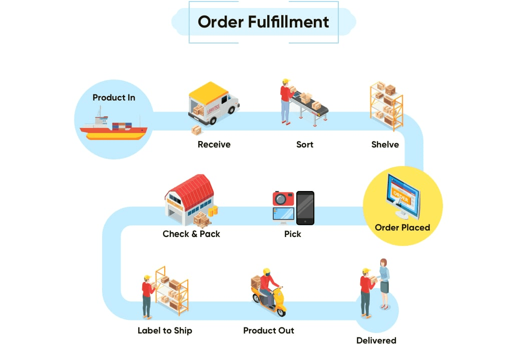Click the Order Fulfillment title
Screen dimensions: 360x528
point(263,22)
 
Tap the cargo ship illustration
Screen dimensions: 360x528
point(114,128)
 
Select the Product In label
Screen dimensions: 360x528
point(114,97)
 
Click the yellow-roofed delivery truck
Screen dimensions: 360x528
point(213,104)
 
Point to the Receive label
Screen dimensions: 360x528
point(214,144)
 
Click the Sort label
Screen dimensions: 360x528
point(304,144)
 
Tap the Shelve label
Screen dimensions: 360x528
point(385,144)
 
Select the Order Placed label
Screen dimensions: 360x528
point(402,227)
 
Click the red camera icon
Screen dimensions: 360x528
point(283,198)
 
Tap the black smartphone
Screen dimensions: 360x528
point(305,208)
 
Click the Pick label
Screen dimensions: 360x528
point(292,234)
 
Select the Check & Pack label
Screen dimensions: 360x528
point(191,234)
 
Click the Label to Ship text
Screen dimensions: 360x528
point(165,330)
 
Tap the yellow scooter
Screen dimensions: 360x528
point(270,300)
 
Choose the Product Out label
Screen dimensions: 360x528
point(268,330)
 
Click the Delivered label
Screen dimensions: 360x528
point(376,340)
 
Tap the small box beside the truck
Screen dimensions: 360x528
point(197,130)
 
